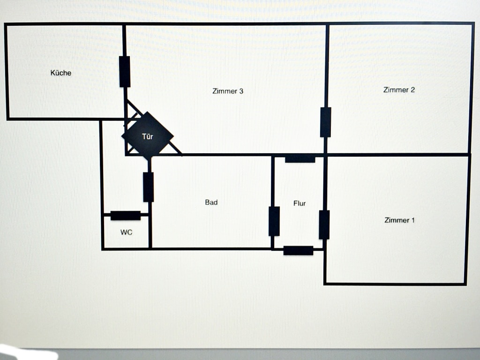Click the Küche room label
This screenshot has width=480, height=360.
pyautogui.click(x=61, y=73)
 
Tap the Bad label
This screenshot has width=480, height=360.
pyautogui.click(x=211, y=202)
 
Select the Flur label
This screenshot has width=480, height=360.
pyautogui.click(x=300, y=203)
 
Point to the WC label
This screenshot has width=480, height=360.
pyautogui.click(x=127, y=232)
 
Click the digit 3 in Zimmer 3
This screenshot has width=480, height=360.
pyautogui.click(x=241, y=91)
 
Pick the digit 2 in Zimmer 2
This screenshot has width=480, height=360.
pyautogui.click(x=412, y=90)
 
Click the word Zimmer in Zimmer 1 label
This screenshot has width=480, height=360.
pyautogui.click(x=397, y=220)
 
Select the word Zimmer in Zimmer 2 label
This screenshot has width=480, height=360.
pyautogui.click(x=396, y=90)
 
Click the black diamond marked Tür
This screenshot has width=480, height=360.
pyautogui.click(x=148, y=136)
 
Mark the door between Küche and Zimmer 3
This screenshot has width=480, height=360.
pyautogui.click(x=125, y=72)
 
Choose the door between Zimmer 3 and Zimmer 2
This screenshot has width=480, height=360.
pyautogui.click(x=325, y=122)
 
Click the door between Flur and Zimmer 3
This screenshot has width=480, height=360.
pyautogui.click(x=300, y=158)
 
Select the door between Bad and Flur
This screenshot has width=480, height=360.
pyautogui.click(x=274, y=221)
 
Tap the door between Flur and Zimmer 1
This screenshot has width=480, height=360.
pyautogui.click(x=324, y=225)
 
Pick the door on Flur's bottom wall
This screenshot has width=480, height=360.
pyautogui.click(x=299, y=250)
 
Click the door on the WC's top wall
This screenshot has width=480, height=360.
pyautogui.click(x=126, y=216)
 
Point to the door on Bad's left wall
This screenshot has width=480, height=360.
pyautogui.click(x=148, y=187)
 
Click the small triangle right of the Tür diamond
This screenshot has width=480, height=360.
pyautogui.click(x=173, y=149)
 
